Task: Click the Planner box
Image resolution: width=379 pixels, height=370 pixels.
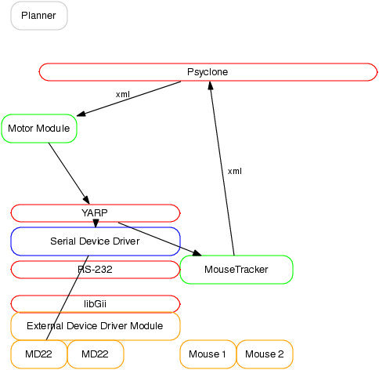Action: click(x=39, y=16)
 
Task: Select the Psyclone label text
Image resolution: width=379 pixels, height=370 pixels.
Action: click(x=208, y=72)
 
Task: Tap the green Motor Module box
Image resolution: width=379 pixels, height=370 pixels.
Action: click(x=39, y=129)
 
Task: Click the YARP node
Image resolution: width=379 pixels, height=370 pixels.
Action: click(x=96, y=213)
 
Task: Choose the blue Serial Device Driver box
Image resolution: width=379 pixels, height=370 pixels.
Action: click(x=96, y=241)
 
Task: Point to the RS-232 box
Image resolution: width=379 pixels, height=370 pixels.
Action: click(x=96, y=270)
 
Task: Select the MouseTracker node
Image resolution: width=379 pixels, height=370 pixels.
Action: click(x=236, y=270)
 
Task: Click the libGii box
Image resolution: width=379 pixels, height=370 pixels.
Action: click(x=96, y=304)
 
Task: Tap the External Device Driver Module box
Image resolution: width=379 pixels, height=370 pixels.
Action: click(x=96, y=326)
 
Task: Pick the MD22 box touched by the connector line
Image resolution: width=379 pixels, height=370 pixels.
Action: click(x=39, y=354)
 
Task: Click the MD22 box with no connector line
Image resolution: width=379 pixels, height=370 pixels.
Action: click(x=96, y=354)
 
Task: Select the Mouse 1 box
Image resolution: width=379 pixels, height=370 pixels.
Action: click(x=208, y=354)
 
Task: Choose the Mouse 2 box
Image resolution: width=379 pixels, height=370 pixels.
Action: click(x=265, y=354)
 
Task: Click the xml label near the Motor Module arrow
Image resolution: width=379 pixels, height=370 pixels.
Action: click(x=123, y=94)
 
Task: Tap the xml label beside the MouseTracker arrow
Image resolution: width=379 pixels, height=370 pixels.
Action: click(x=235, y=171)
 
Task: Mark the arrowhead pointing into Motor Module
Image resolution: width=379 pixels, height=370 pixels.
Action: click(x=81, y=114)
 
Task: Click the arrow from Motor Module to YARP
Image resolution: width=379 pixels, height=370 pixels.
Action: click(x=69, y=173)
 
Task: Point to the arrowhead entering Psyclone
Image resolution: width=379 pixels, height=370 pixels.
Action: click(x=211, y=85)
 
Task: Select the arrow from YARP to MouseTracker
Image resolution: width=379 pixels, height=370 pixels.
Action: click(x=160, y=239)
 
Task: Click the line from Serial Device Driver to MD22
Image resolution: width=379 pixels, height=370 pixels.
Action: click(x=67, y=298)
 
